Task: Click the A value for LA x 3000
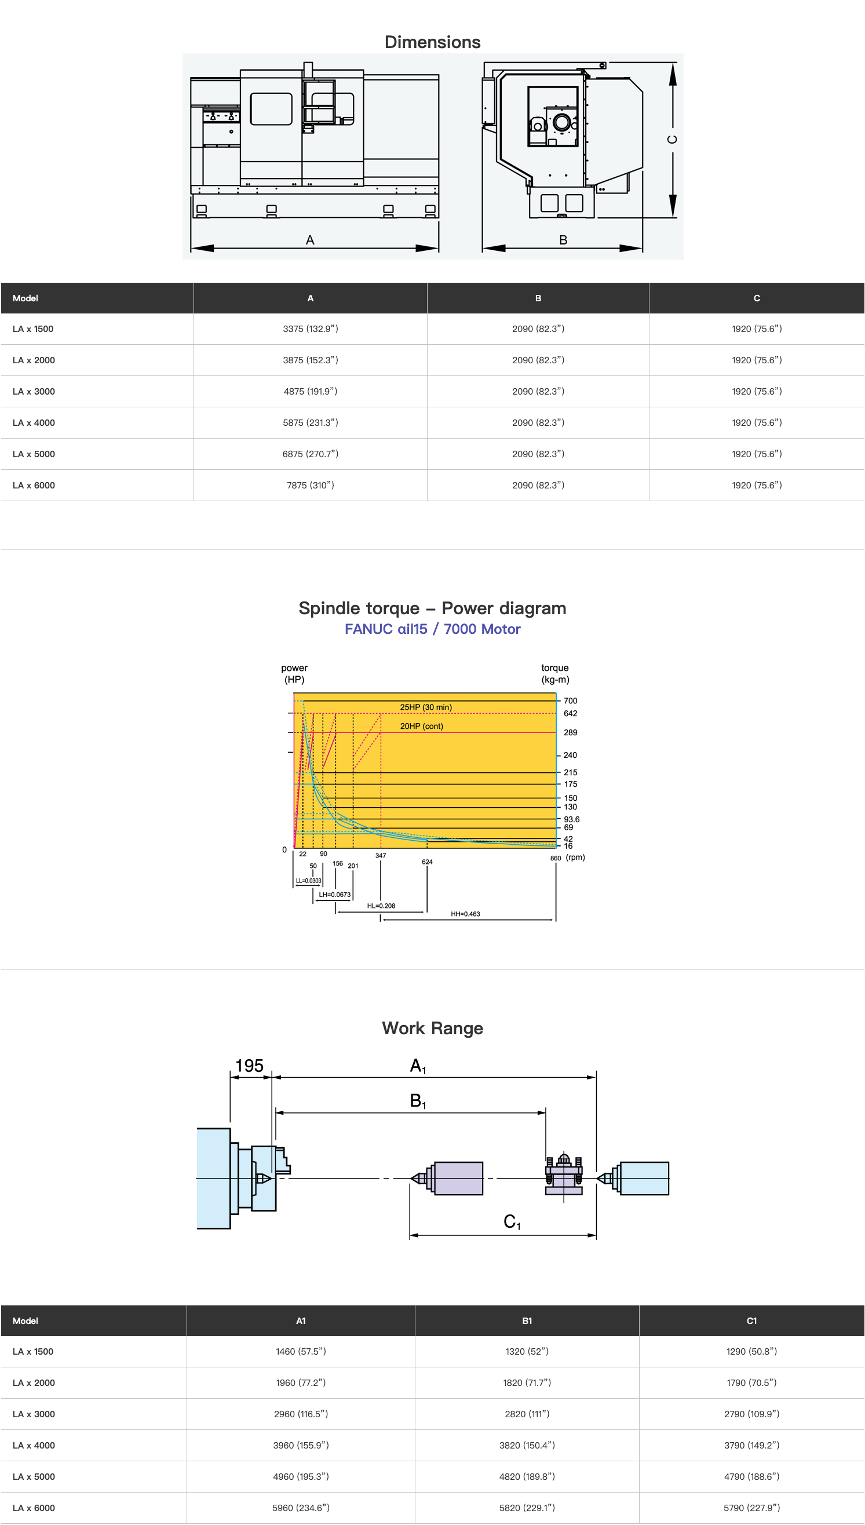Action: pos(310,392)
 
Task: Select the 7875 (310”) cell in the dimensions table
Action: pos(310,486)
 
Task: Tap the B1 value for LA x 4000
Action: pos(527,1446)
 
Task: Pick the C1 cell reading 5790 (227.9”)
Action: pos(751,1508)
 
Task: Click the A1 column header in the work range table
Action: pos(301,1320)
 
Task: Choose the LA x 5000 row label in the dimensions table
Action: pos(34,454)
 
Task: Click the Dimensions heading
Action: pos(432,42)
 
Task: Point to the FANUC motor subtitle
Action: pos(432,629)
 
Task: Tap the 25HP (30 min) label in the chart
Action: pos(426,707)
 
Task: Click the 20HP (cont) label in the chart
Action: pos(421,726)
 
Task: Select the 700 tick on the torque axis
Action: pos(570,701)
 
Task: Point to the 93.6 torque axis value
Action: pos(571,819)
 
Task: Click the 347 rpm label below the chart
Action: pos(381,855)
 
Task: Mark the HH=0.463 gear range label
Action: pos(465,914)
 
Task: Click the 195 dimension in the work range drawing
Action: pos(250,1066)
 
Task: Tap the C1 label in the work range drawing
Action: pos(512,1221)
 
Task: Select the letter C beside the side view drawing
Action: pos(672,140)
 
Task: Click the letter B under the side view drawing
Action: pos(563,240)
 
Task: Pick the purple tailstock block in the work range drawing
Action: pos(458,1178)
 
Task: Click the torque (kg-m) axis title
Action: pos(555,674)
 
